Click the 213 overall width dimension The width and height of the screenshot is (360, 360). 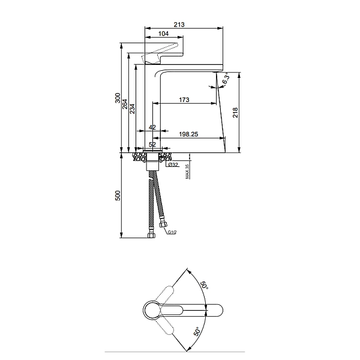[x=179, y=25]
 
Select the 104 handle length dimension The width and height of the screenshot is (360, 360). [x=163, y=34]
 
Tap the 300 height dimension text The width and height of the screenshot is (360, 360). [x=118, y=98]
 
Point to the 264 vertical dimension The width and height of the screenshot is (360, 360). [x=125, y=104]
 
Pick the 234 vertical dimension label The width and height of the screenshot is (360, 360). [x=132, y=109]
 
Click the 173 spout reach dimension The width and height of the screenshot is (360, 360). [x=184, y=100]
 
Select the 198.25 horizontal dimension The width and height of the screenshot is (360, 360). [x=188, y=134]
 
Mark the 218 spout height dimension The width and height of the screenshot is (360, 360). [x=235, y=112]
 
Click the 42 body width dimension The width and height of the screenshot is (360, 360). [x=152, y=127]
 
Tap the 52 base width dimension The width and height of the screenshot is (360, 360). [x=152, y=145]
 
